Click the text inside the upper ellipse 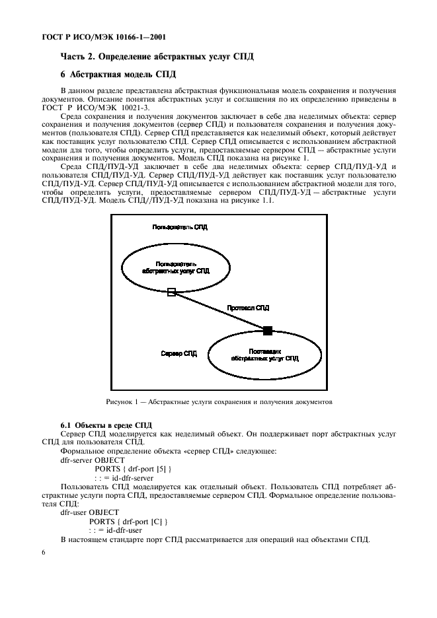(175, 266)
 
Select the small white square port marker (171, 292)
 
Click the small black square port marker (267, 330)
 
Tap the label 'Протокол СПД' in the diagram (248, 308)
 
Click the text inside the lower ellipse (265, 355)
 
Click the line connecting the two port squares (219, 311)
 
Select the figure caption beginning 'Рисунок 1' (218, 401)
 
